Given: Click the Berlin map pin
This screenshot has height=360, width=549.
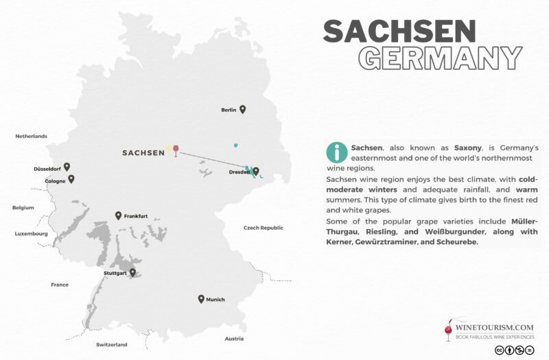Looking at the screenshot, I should click(x=242, y=109).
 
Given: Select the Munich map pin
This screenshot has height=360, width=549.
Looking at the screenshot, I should click(x=201, y=298).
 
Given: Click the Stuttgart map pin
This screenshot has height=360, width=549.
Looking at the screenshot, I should click(x=132, y=272).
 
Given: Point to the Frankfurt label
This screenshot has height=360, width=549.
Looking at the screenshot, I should click(x=136, y=216).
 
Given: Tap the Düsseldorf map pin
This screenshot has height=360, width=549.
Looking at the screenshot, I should click(x=67, y=166).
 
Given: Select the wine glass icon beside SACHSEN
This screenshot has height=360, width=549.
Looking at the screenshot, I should click(x=176, y=150).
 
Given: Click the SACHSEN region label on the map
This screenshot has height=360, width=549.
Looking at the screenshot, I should click(x=143, y=152).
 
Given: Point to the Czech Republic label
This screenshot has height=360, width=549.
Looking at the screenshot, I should click(x=263, y=228).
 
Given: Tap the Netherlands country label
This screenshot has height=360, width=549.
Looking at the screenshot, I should click(x=32, y=136).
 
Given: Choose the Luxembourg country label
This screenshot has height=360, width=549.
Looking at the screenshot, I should click(x=32, y=234).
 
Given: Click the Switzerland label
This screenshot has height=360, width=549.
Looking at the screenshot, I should click(x=111, y=344).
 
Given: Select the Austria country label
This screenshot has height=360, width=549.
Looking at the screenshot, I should click(x=234, y=339).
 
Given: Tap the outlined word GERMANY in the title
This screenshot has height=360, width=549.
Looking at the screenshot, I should click(x=442, y=58).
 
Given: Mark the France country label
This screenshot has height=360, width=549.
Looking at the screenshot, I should click(x=60, y=285).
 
